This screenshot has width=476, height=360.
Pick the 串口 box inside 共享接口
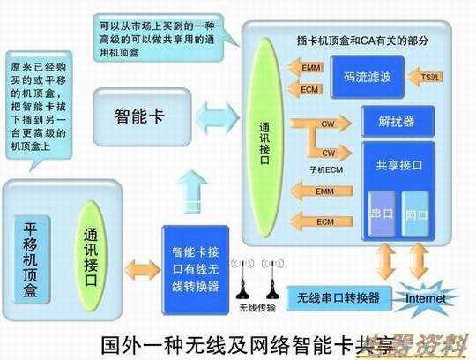[383, 214]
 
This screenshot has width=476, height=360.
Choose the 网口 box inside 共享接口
[415, 214]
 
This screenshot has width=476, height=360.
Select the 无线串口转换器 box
[338, 296]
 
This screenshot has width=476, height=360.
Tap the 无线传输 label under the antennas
[257, 309]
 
